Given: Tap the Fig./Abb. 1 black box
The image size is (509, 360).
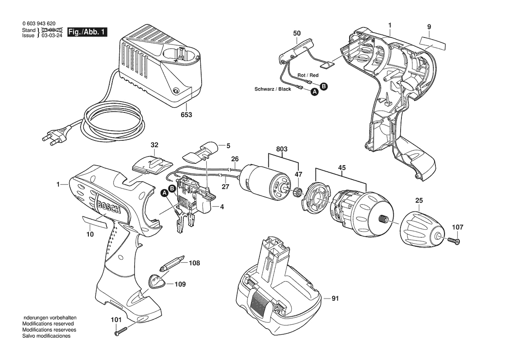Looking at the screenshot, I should pos(87,32).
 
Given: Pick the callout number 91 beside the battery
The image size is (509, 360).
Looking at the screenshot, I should pos(335,299).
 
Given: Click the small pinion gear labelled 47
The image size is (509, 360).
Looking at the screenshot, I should pos(297,191).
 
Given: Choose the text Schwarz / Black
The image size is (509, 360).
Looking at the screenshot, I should pos(273,89).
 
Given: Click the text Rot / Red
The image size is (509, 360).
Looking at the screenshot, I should pos(308,75).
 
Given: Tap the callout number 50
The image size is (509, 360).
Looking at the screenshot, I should pos(297,34).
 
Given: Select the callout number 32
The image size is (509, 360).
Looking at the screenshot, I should pos(155,145).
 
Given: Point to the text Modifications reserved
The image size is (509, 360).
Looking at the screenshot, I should pos(48,324).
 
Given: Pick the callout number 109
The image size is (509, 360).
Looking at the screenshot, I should pos(180,285).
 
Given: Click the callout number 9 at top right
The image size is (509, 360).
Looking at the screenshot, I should pos(429,27).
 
